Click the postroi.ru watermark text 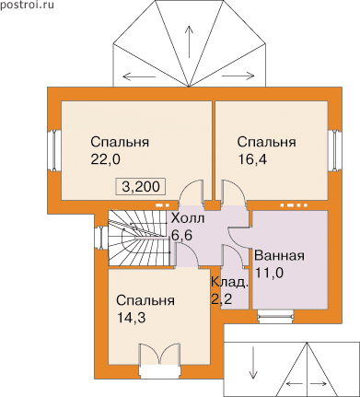[x=27, y=5]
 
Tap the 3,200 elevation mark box [x=141, y=186]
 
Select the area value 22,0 [x=106, y=160]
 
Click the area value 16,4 [x=252, y=160]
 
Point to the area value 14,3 [x=131, y=318]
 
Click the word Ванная [x=280, y=255]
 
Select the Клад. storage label [x=229, y=282]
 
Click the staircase [x=139, y=238]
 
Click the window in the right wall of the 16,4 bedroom [x=334, y=150]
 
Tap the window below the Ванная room [x=275, y=317]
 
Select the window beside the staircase [x=101, y=238]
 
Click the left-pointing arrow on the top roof [x=139, y=76]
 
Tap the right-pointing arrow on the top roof [x=238, y=76]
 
